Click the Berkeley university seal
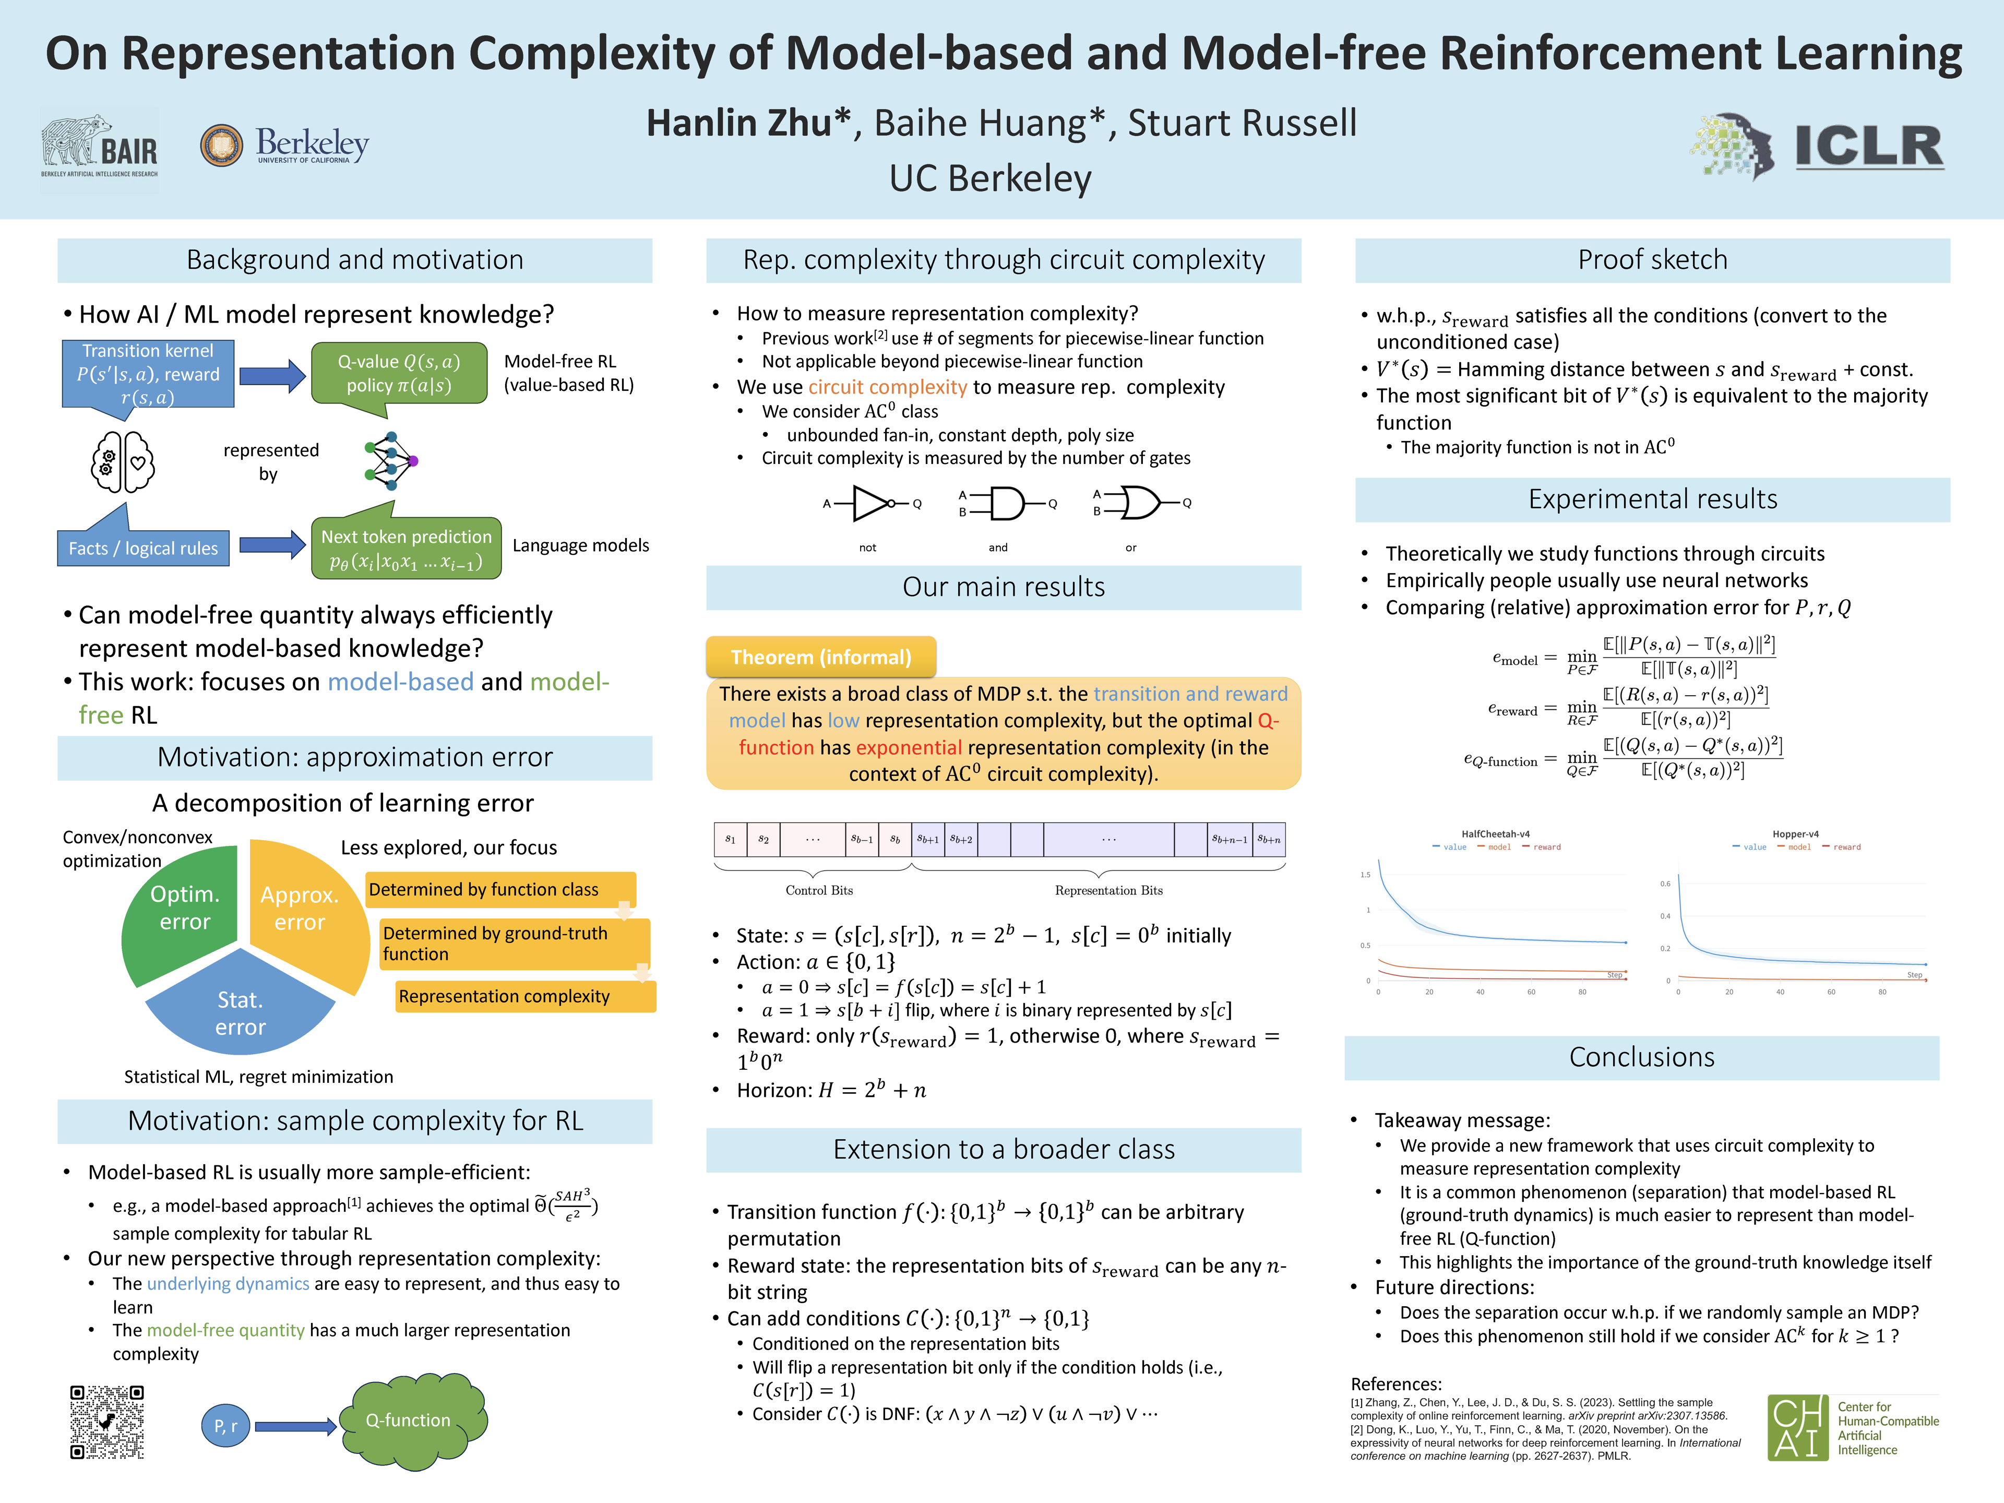(x=222, y=145)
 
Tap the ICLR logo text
(x=1868, y=147)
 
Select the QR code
(x=107, y=1422)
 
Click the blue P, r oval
(x=225, y=1426)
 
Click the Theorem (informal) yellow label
(x=821, y=657)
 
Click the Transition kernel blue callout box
(x=149, y=373)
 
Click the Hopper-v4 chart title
(x=1795, y=833)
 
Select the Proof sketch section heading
(x=1652, y=260)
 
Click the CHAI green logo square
(x=1797, y=1427)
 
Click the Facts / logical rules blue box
(x=143, y=548)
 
